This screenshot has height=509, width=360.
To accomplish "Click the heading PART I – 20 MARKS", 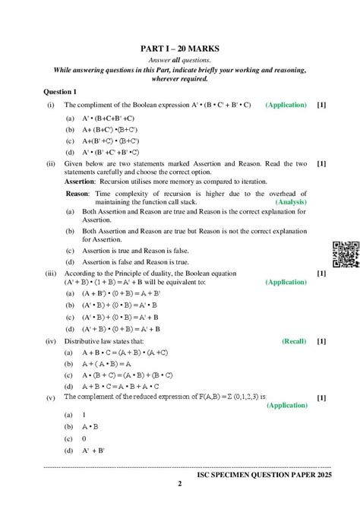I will [x=180, y=46].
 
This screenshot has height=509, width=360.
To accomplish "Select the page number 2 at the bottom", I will [x=180, y=483].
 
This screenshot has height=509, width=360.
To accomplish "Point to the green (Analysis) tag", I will [x=290, y=203].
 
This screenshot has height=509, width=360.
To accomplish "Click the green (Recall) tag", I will [x=294, y=342].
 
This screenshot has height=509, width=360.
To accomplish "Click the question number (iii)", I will [x=51, y=273].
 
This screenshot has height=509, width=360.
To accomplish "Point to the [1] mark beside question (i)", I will [x=322, y=105].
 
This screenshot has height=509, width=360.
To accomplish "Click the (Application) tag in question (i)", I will [x=286, y=105].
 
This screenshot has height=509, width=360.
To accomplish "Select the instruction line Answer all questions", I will [x=180, y=59].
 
